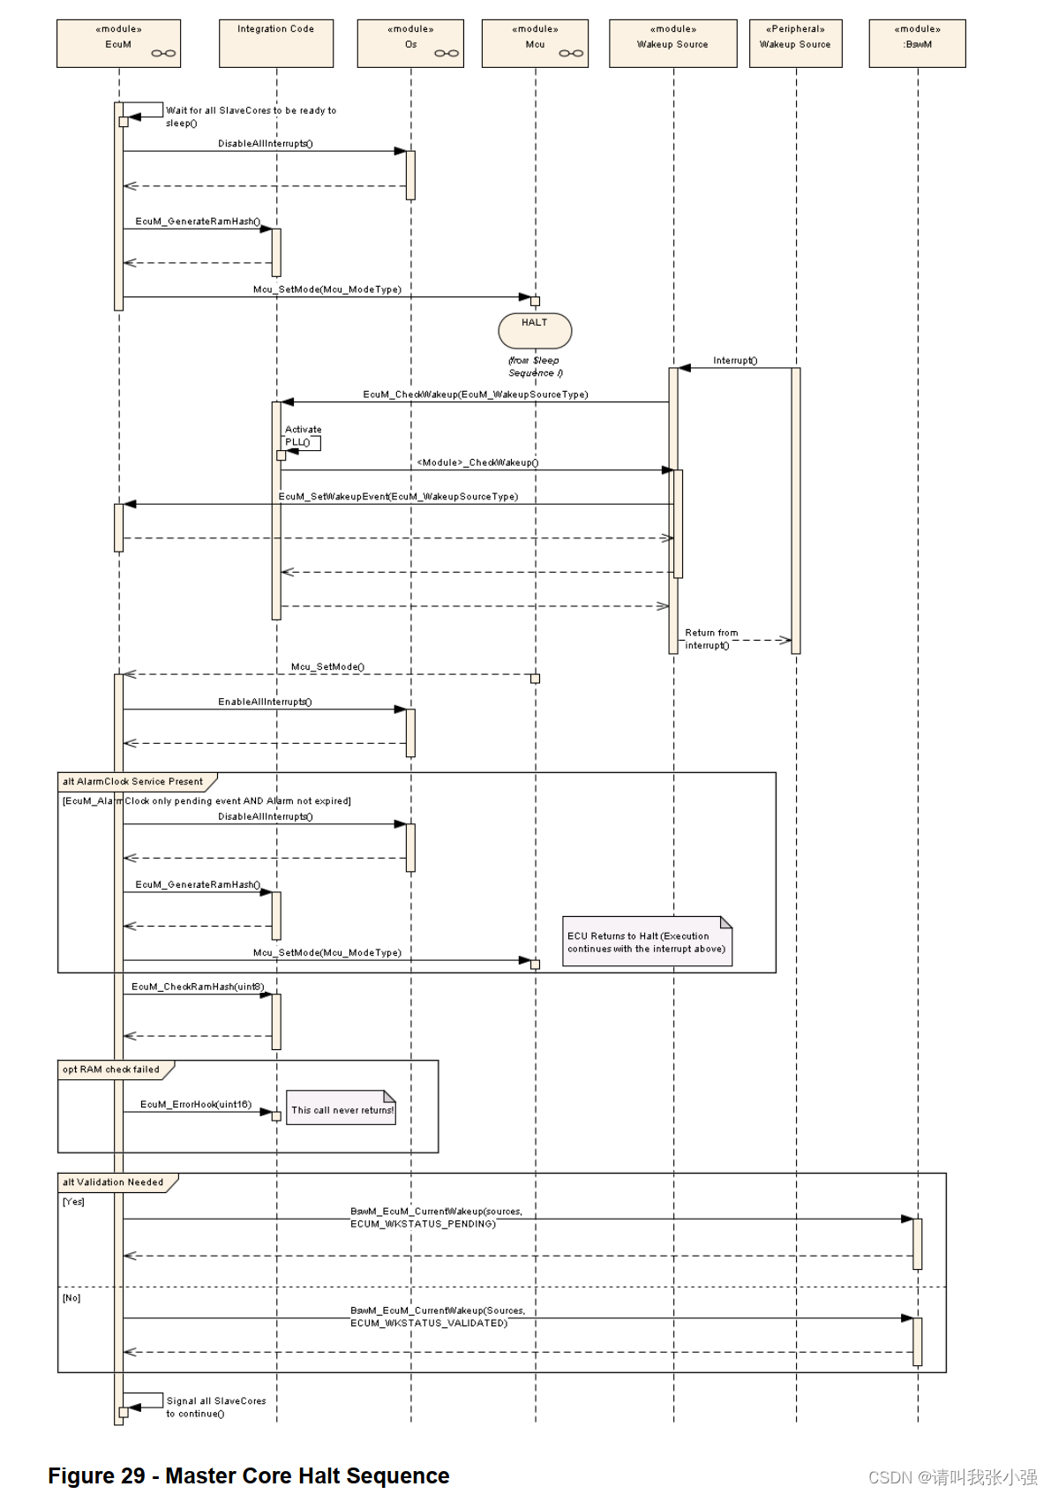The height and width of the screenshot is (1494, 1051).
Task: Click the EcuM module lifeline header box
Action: [x=118, y=43]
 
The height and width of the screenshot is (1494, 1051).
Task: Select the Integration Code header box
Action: [x=275, y=43]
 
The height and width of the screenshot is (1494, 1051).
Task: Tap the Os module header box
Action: [x=410, y=43]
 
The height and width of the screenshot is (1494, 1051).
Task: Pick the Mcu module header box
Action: [x=535, y=43]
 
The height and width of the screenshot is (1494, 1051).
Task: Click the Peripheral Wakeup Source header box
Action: [x=795, y=43]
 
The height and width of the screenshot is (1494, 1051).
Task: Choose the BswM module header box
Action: [x=917, y=43]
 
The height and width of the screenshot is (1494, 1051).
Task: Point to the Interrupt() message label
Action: [x=735, y=360]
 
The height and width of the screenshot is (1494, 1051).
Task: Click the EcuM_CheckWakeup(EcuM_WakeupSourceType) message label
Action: [x=476, y=394]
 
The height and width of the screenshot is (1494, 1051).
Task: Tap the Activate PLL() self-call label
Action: [x=302, y=436]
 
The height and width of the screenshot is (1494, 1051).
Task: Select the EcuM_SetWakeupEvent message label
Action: [x=398, y=497]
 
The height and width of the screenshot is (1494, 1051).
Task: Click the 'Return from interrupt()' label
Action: [x=710, y=639]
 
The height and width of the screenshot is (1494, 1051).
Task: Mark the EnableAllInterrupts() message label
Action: [x=265, y=702]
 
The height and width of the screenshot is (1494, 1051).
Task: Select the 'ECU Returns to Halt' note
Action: [x=647, y=942]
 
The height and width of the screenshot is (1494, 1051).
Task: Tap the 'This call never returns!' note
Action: [x=342, y=1110]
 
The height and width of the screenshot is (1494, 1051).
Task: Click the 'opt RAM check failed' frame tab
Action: [x=112, y=1070]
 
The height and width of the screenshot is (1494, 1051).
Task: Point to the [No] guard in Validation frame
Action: [x=71, y=1298]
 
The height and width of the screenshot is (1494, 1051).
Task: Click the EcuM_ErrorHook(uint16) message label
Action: [x=196, y=1104]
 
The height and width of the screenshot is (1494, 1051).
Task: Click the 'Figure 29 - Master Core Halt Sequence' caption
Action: [x=249, y=1475]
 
